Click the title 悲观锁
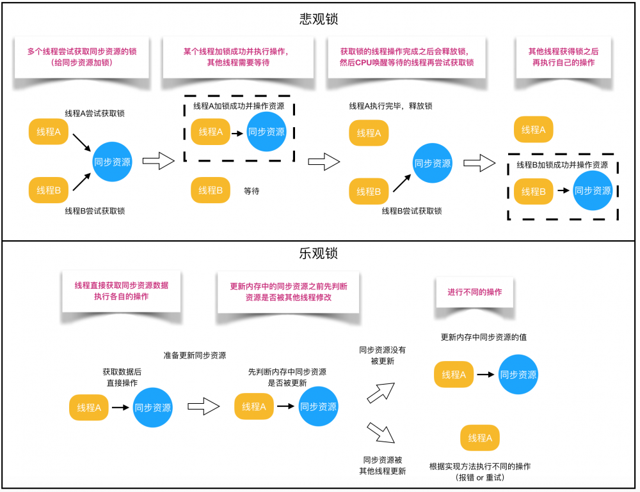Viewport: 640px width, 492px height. (x=319, y=19)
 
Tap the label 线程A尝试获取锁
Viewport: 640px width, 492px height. (x=95, y=113)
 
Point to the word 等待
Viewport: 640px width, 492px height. (x=252, y=190)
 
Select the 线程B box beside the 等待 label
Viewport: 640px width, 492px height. (x=211, y=190)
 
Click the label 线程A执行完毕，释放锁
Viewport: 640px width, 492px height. (x=390, y=105)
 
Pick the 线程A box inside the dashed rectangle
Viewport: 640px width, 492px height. (x=211, y=132)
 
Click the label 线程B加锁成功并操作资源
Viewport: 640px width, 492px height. (x=562, y=164)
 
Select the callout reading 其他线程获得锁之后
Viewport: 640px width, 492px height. (x=563, y=57)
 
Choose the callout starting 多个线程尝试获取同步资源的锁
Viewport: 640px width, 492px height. (x=81, y=57)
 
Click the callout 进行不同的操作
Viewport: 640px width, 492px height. (x=474, y=292)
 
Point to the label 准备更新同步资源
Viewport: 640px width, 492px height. (x=195, y=355)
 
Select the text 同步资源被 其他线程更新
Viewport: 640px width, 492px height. (x=382, y=465)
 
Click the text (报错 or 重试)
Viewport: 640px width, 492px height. (x=480, y=477)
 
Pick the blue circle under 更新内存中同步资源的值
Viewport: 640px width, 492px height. (x=518, y=375)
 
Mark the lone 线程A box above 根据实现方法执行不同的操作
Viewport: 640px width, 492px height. (x=480, y=438)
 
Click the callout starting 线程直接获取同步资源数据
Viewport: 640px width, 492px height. (x=122, y=291)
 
